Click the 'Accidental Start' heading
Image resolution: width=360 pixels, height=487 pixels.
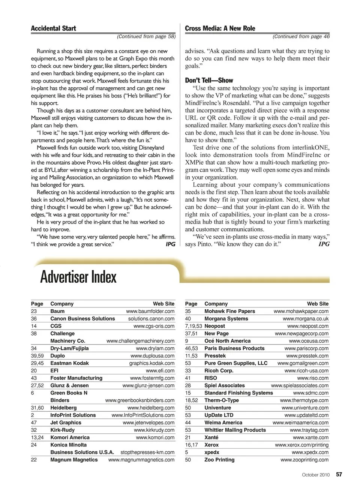(x=53, y=28)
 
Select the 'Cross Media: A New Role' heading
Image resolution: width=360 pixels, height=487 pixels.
(x=220, y=28)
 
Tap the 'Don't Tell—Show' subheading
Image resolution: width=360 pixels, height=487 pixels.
(x=209, y=80)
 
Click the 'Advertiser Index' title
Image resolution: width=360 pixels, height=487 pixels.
(x=78, y=277)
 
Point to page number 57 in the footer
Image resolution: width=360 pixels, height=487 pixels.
(x=339, y=474)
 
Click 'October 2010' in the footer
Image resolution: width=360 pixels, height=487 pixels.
(x=316, y=475)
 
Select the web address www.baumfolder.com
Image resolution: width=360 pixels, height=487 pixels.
(x=150, y=311)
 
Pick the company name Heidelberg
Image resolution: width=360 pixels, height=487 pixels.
(x=63, y=408)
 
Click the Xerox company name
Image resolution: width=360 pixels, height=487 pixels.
(x=211, y=445)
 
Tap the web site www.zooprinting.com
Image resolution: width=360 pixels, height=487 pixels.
(x=304, y=460)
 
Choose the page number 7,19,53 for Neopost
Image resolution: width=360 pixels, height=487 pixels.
(x=193, y=326)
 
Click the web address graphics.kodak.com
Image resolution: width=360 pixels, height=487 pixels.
(x=152, y=363)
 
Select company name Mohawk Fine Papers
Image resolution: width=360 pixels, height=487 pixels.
(x=229, y=311)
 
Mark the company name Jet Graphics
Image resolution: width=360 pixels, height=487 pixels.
(x=66, y=423)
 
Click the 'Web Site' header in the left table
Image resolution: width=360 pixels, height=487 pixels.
(x=163, y=304)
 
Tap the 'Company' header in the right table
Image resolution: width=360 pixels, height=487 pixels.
(x=216, y=304)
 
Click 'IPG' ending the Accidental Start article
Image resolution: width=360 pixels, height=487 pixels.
(x=170, y=244)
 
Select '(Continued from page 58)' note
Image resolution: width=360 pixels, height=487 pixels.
(x=146, y=36)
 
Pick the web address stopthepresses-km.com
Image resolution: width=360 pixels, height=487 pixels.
(x=147, y=452)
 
